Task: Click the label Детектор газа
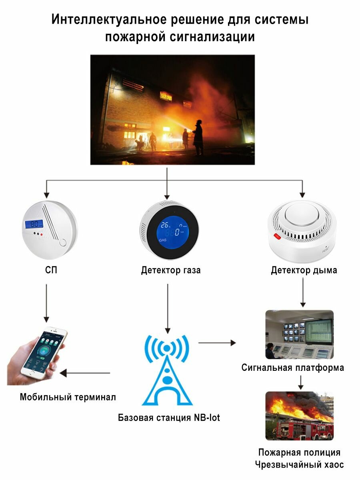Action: coord(171,270)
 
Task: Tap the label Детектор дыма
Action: coord(304,270)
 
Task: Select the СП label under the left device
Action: coord(51,270)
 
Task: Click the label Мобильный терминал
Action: coord(68,397)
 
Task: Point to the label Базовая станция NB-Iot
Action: coord(169,418)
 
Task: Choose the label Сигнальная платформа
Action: coord(292,368)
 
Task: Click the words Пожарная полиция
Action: coord(299,452)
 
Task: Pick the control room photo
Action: coord(299,334)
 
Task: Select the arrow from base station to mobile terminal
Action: coord(85,373)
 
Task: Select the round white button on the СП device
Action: coord(63,243)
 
